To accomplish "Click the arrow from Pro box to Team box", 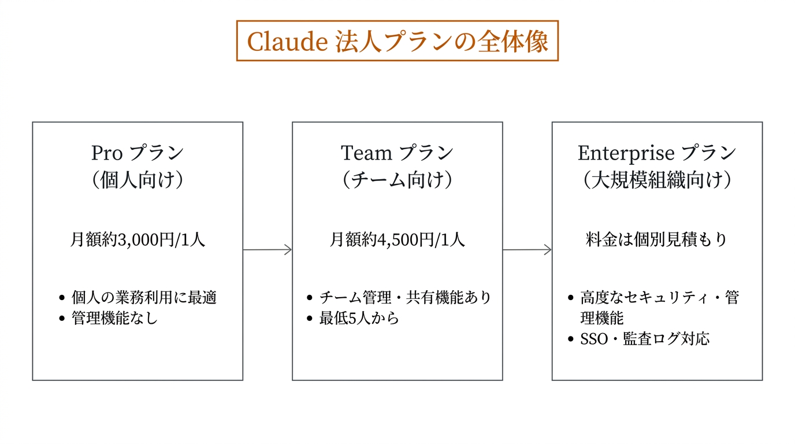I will [267, 250].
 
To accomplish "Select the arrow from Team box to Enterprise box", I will [527, 250].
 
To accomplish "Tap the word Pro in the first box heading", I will [107, 153].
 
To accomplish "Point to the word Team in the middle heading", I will [366, 153].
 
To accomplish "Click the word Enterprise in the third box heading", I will [626, 153].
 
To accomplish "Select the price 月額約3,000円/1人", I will [138, 240].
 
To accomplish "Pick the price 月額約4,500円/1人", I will [397, 240].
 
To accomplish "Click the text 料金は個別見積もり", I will [657, 240].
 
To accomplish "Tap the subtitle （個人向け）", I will [138, 180].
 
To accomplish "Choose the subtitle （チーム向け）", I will [397, 180].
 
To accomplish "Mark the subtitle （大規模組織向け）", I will [657, 180].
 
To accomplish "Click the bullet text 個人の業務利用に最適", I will [144, 298].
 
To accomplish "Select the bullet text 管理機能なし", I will [114, 318].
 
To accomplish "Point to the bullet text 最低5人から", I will [359, 318].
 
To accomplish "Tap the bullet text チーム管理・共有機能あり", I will [405, 298].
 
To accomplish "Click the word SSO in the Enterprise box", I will [594, 339].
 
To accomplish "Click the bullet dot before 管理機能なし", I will [62, 319].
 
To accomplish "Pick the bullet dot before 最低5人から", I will [310, 319].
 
